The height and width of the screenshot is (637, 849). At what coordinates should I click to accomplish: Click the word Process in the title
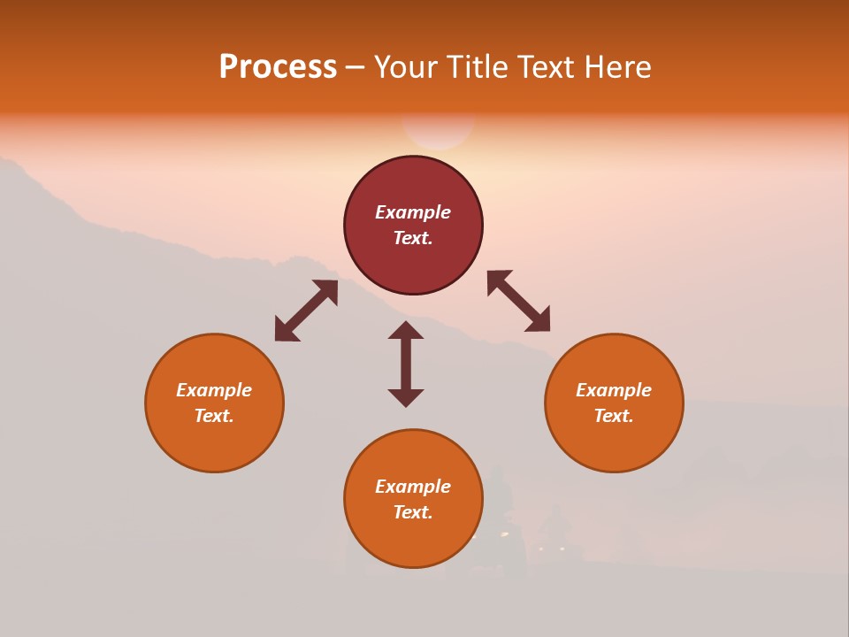[x=278, y=67]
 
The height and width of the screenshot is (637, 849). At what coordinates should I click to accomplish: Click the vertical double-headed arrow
[x=406, y=364]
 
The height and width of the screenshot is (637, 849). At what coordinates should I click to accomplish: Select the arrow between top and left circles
[x=306, y=311]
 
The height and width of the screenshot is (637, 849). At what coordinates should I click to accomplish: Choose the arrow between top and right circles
[x=518, y=301]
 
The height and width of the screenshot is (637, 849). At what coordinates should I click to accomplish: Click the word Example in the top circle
[x=413, y=212]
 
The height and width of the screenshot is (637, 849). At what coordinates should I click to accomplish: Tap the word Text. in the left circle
[x=214, y=416]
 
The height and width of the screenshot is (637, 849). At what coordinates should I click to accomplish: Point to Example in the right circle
[x=614, y=390]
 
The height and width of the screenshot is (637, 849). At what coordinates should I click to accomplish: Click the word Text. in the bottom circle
[x=413, y=512]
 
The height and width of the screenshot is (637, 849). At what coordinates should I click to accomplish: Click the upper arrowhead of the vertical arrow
[x=406, y=330]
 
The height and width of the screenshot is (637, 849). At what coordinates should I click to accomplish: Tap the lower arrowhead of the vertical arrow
[x=406, y=397]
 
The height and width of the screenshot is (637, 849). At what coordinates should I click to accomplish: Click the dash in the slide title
[x=356, y=68]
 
